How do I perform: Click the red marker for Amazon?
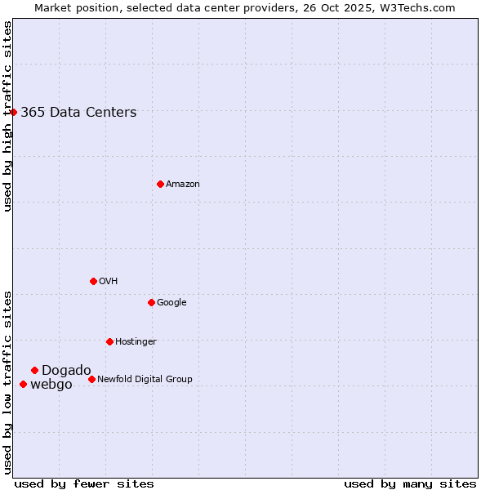tap(160, 184)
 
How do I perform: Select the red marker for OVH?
tap(93, 281)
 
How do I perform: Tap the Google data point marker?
tap(151, 302)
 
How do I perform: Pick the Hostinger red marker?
tap(109, 341)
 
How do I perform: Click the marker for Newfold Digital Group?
tap(91, 379)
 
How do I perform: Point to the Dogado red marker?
tap(34, 370)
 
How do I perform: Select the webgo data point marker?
tap(23, 384)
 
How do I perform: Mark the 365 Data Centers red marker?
tap(14, 112)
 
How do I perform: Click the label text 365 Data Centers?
tap(78, 113)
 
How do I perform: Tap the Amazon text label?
tap(183, 185)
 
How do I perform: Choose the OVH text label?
tap(109, 282)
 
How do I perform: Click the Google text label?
tap(171, 303)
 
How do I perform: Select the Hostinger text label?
tap(136, 342)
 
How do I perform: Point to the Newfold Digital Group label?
tap(145, 380)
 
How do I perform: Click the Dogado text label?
tap(66, 371)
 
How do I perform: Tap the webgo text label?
tap(51, 385)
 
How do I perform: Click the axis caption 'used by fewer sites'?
tap(84, 483)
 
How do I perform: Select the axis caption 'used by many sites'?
tap(410, 483)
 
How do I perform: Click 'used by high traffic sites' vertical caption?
tap(7, 116)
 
